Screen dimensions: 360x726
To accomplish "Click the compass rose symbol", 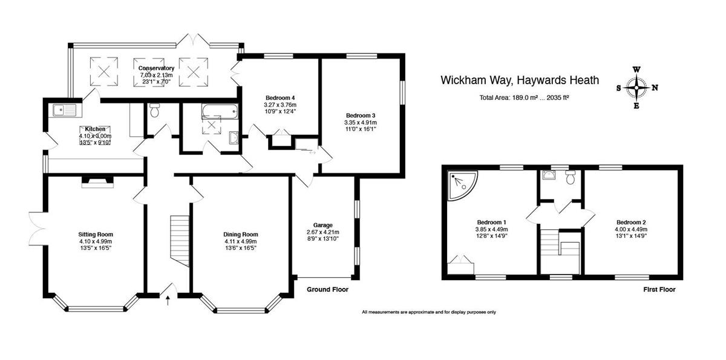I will point(636,88).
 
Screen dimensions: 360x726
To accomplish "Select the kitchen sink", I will point(64,110).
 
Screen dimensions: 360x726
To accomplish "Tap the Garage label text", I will point(324,224).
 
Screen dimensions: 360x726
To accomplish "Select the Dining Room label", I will point(241,235).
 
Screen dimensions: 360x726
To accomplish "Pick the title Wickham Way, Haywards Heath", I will point(519,80).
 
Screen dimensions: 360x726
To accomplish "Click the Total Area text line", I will point(524,97).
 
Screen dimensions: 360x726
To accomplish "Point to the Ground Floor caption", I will point(327,290).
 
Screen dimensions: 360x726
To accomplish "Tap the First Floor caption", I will point(659,290).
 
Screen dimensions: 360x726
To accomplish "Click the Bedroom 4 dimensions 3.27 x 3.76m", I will point(280,105).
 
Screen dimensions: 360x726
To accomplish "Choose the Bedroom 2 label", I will point(632,222).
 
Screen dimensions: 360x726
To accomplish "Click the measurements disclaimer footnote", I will point(428,312).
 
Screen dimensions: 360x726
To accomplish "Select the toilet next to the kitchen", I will point(155,111).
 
